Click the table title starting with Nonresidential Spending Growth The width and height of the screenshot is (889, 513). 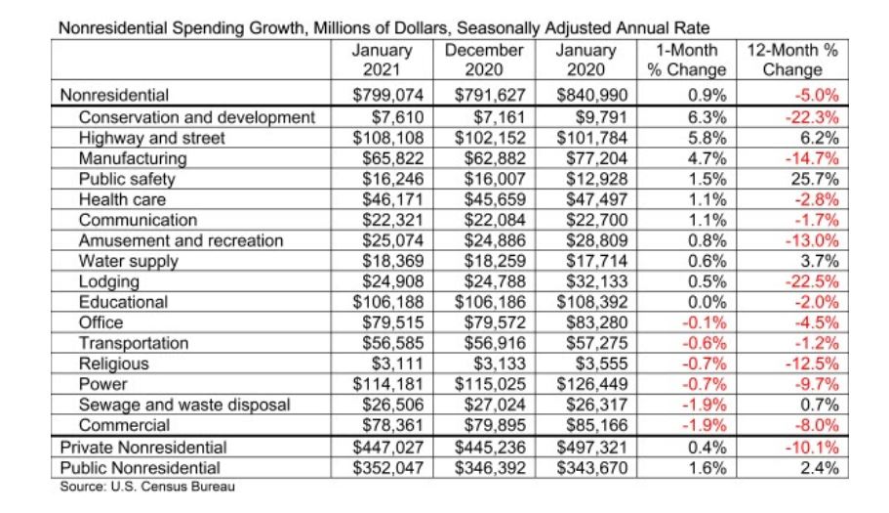click(x=384, y=27)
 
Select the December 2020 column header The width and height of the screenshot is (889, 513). click(x=484, y=60)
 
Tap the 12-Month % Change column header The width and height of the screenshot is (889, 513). click(x=792, y=60)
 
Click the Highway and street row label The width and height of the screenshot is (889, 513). click(x=151, y=138)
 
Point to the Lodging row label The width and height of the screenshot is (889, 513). click(x=108, y=282)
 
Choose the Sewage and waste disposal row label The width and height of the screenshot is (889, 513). click(x=184, y=406)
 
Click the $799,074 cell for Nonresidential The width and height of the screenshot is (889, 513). click(x=387, y=95)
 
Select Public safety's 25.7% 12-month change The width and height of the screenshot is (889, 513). click(x=815, y=180)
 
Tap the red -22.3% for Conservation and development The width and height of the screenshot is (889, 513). click(x=811, y=117)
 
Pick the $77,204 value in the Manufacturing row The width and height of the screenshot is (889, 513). click(x=596, y=158)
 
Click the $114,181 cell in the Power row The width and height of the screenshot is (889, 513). click(x=387, y=384)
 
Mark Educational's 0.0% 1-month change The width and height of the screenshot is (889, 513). click(x=707, y=303)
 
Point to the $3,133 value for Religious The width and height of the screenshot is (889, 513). click(x=500, y=363)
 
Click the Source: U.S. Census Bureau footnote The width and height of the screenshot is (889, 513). click(x=147, y=487)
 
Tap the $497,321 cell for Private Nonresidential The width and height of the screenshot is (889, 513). click(x=592, y=448)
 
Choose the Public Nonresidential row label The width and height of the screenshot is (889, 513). click(x=141, y=468)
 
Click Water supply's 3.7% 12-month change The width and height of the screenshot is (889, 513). click(x=820, y=262)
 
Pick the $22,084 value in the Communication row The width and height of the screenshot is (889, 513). click(x=495, y=220)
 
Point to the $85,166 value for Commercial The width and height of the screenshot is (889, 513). click(x=596, y=426)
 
